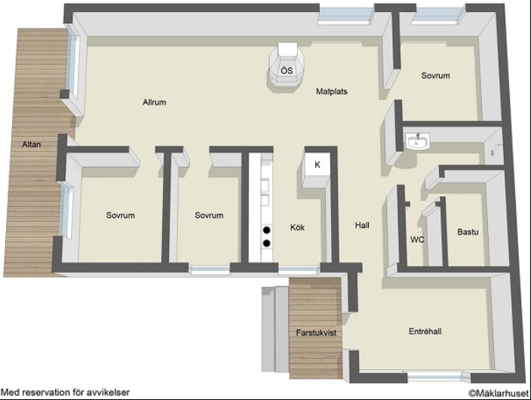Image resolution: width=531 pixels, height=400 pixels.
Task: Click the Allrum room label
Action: [155, 102]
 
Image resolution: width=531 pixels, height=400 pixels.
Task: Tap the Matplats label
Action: [332, 91]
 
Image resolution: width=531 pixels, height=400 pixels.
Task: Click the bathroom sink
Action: [417, 141]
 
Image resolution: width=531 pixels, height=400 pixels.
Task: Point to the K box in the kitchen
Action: [318, 165]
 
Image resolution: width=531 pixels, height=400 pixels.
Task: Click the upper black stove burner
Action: [267, 230]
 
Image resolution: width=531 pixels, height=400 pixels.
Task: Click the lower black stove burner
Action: [267, 243]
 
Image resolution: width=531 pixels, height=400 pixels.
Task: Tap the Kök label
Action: [297, 227]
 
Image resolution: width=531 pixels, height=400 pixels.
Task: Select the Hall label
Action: [362, 225]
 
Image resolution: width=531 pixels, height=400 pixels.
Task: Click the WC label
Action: [417, 240]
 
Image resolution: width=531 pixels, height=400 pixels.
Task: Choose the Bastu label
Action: [468, 232]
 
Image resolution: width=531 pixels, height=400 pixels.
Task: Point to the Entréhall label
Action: [425, 331]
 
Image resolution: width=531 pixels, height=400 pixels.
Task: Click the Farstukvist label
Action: [316, 333]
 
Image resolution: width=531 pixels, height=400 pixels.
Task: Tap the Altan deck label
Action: [32, 144]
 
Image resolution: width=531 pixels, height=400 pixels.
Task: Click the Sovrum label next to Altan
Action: [121, 215]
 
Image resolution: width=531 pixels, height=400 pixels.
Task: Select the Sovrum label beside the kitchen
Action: [209, 215]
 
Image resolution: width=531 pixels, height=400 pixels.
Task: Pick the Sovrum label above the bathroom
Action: [435, 75]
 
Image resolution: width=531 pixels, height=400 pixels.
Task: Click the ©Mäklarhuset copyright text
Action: [499, 393]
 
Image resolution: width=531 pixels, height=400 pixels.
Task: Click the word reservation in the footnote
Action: [47, 392]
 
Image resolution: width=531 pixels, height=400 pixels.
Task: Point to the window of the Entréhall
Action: [434, 377]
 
